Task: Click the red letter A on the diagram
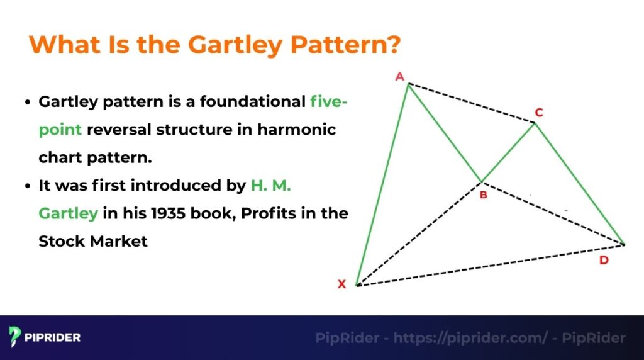(x=399, y=77)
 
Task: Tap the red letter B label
(x=483, y=195)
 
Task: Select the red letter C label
(x=539, y=113)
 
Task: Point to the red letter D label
(x=604, y=260)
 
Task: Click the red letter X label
(x=342, y=284)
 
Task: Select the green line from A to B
(x=445, y=132)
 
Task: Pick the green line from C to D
(x=579, y=183)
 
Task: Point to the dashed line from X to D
(x=491, y=265)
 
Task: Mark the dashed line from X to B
(x=419, y=233)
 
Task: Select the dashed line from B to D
(x=553, y=213)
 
